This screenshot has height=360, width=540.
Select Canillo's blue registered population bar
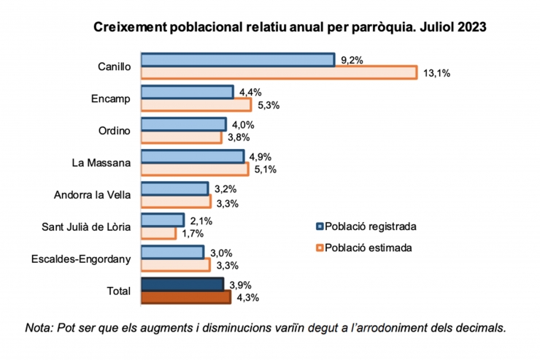[237, 60]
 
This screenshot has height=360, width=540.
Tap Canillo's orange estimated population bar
[279, 72]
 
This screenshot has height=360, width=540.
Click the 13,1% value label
[435, 73]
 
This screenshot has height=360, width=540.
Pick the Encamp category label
[111, 99]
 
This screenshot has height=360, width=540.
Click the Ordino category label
[114, 131]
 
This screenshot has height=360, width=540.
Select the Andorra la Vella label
[93, 195]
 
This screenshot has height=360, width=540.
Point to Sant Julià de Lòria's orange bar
[158, 234]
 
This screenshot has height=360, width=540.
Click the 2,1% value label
[201, 221]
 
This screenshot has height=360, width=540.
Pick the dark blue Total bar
[182, 284]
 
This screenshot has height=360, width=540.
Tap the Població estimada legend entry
[363, 248]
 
